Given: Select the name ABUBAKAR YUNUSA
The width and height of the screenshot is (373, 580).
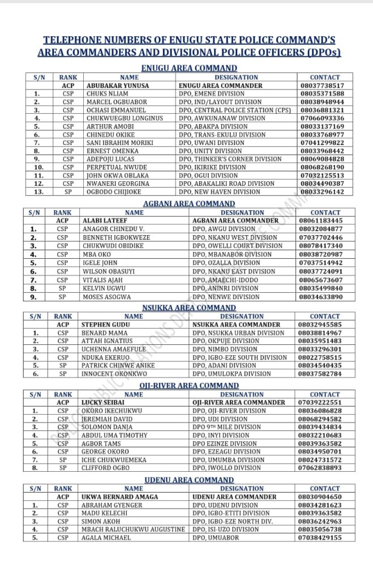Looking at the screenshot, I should (x=118, y=86).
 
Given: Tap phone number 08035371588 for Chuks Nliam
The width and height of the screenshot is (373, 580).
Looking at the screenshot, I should (x=325, y=93).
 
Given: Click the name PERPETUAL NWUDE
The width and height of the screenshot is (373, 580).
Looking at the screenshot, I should (x=116, y=168).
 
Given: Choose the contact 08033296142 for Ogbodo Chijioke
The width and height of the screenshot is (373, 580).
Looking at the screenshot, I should (x=325, y=192).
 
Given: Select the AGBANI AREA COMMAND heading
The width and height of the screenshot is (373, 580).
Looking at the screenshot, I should (x=189, y=203).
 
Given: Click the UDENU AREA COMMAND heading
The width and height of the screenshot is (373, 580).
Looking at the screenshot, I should (x=189, y=480).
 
